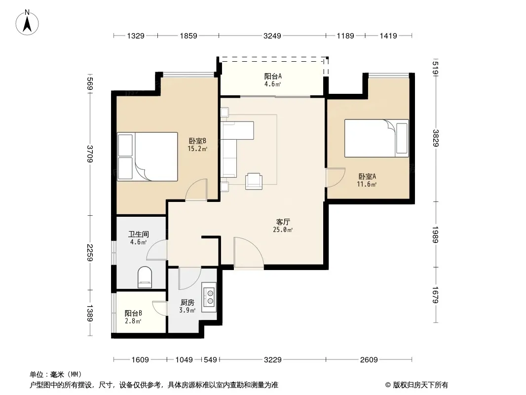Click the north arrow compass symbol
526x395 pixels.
[27, 23]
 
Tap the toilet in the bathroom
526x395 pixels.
[145, 277]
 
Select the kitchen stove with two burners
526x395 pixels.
[209, 297]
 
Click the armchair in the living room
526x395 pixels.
[254, 181]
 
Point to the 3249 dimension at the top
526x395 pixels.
[272, 36]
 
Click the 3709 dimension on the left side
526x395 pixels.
[90, 154]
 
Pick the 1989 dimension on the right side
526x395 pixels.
[435, 234]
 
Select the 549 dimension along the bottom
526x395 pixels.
[210, 360]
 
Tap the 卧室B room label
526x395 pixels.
[197, 141]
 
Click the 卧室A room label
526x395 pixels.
[367, 177]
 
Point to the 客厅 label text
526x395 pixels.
[283, 222]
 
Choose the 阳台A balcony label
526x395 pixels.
[273, 77]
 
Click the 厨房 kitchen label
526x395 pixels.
[187, 302]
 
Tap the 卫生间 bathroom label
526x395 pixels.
[139, 234]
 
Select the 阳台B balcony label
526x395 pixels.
[133, 314]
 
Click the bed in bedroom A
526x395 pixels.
[376, 138]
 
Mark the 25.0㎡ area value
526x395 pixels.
[283, 230]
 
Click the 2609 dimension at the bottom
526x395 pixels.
[369, 360]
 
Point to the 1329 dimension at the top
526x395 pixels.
[136, 36]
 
